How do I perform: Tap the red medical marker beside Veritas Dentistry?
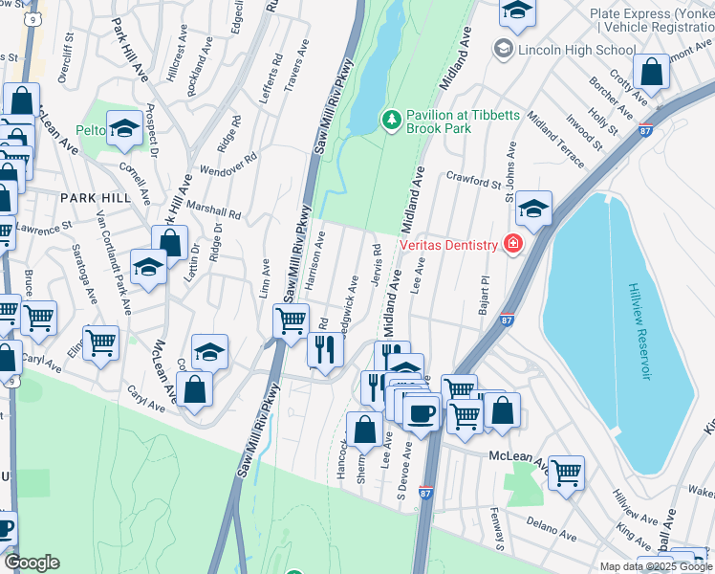pos(513,245)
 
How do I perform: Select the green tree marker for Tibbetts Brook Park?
pos(390,120)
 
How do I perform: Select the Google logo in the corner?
pos(32,563)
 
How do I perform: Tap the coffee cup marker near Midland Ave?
pos(420,412)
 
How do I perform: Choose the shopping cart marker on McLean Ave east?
pos(566,472)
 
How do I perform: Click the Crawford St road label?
pos(474,181)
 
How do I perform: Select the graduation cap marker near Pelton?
pos(124,128)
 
